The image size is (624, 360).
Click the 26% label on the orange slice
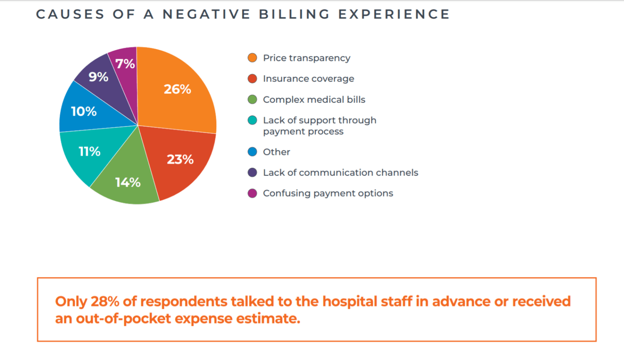click(177, 89)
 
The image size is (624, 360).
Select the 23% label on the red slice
click(180, 159)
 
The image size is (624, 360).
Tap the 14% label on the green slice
click(128, 182)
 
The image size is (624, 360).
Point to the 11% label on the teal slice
click(89, 151)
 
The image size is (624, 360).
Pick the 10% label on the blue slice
click(84, 112)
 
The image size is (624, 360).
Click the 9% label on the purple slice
click(98, 77)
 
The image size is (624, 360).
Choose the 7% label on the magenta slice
click(125, 64)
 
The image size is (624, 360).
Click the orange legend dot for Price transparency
click(252, 58)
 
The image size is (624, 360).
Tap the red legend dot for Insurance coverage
click(252, 79)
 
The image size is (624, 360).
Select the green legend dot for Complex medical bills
click(252, 99)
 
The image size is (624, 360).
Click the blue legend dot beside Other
click(252, 152)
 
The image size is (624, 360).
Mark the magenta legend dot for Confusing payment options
click(252, 193)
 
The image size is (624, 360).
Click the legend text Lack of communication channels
click(340, 173)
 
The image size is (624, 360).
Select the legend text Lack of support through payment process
click(319, 126)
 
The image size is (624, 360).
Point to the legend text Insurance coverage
click(308, 79)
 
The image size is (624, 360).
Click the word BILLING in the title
click(294, 14)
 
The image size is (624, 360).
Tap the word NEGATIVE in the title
click(206, 14)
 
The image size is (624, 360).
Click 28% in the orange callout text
click(105, 301)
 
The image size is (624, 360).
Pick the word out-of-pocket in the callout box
click(123, 319)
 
